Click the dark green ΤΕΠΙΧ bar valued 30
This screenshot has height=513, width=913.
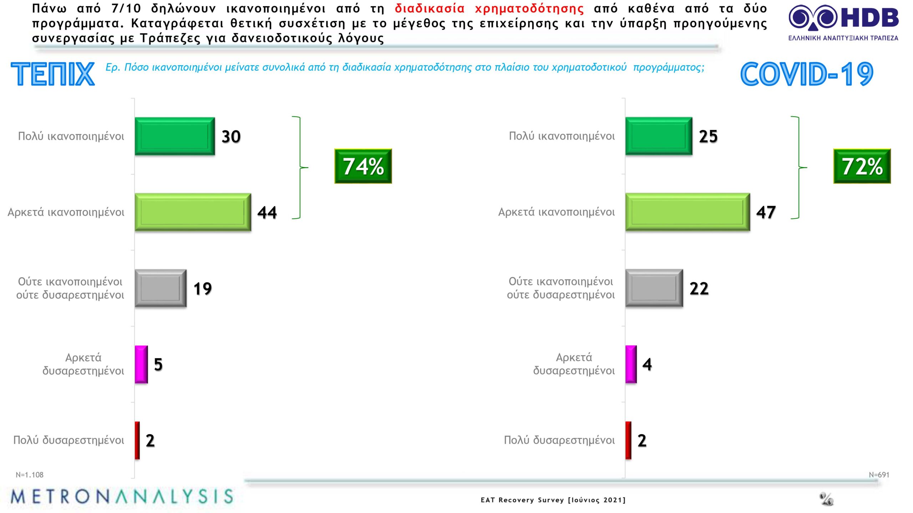tap(175, 136)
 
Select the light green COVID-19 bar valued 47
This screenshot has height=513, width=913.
tap(688, 212)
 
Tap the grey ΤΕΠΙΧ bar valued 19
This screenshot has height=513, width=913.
tap(160, 288)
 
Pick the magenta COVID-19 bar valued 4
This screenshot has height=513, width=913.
tap(631, 364)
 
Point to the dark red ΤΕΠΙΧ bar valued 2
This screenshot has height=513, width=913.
tap(137, 440)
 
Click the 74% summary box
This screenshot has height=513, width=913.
tap(363, 166)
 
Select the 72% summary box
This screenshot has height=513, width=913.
tap(862, 166)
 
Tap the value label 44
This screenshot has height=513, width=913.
tap(267, 212)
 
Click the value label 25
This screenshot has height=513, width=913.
tap(708, 136)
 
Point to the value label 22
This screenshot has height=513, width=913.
tap(699, 289)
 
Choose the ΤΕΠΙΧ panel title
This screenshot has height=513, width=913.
tap(53, 74)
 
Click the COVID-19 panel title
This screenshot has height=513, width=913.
tap(807, 74)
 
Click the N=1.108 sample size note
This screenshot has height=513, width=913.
tap(30, 475)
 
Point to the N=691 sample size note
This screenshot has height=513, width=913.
tap(879, 475)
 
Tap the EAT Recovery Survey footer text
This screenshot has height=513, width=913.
tap(553, 500)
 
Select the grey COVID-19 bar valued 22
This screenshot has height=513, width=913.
tap(654, 288)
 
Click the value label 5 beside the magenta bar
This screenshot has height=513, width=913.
tap(158, 364)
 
